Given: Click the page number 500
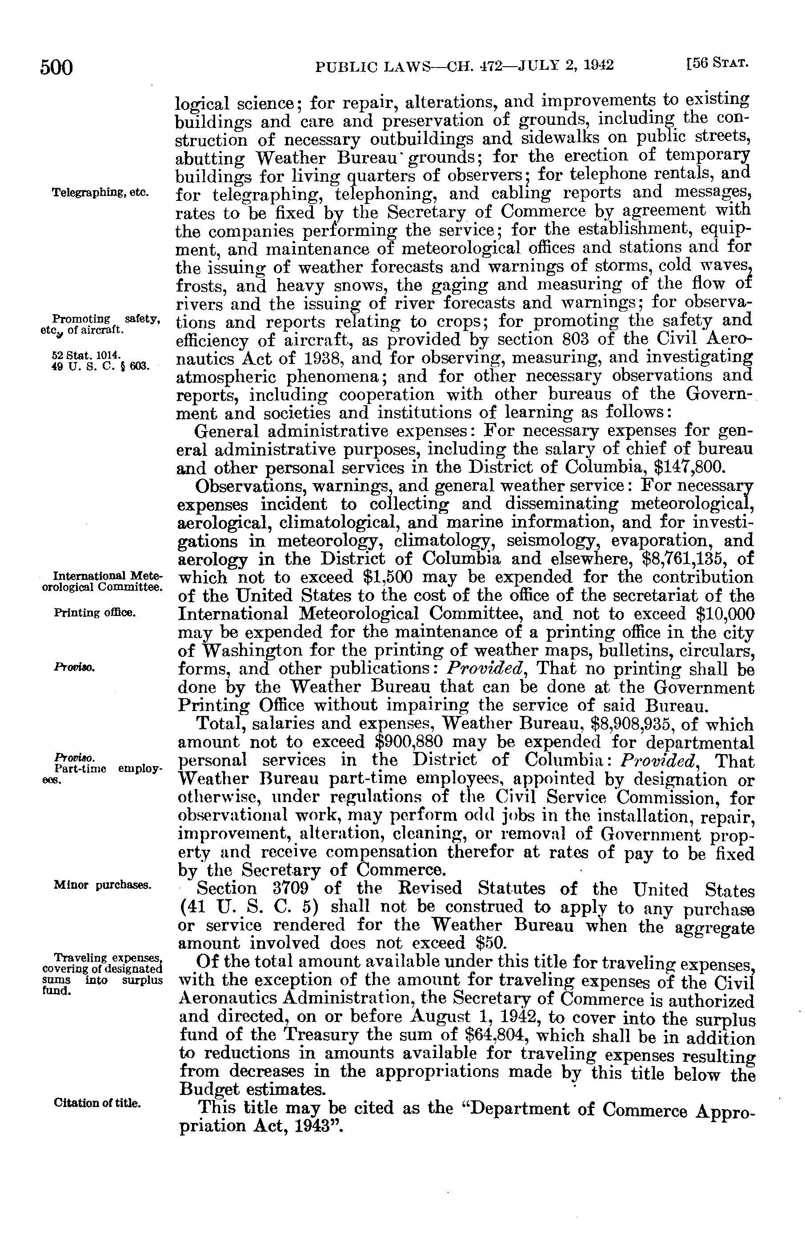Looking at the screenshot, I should pos(56,67).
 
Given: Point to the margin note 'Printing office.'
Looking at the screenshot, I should pos(95,613).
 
